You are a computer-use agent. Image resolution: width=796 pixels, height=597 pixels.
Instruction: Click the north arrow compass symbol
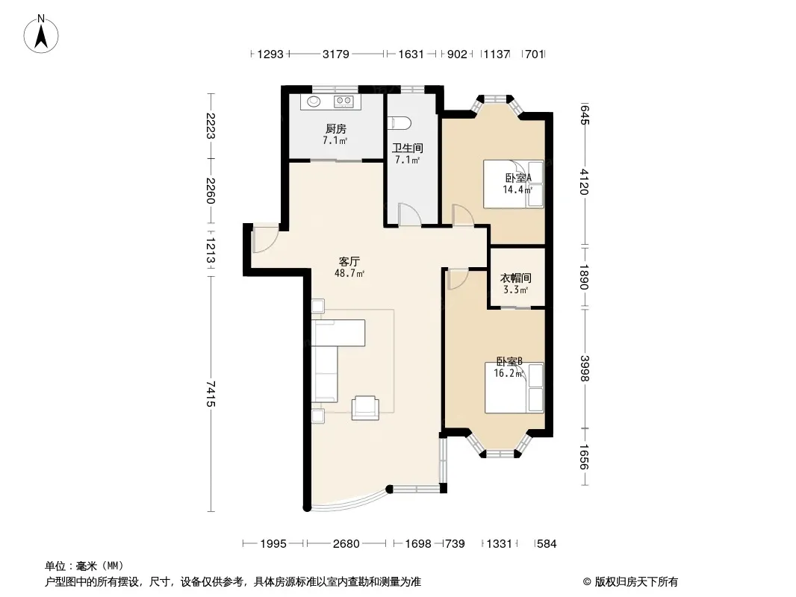[x=41, y=34]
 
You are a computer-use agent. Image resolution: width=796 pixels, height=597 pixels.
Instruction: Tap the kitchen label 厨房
[x=335, y=129]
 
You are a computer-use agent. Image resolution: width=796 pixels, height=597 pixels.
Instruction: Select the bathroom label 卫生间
[x=407, y=148]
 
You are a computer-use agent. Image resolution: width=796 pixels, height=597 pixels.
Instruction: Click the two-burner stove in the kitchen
[x=343, y=101]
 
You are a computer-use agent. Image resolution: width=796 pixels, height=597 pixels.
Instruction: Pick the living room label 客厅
[x=349, y=262]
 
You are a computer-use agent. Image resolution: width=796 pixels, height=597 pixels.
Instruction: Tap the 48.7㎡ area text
[x=349, y=274]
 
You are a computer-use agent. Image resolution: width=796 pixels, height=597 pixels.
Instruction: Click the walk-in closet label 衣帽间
[x=516, y=278]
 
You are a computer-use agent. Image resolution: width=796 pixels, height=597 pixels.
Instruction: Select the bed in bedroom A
[x=513, y=184]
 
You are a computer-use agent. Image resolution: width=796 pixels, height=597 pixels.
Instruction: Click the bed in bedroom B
[x=514, y=387]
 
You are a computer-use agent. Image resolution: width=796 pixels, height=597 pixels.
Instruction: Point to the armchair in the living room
[x=365, y=407]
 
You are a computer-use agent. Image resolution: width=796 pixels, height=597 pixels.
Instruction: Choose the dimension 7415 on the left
[x=211, y=393]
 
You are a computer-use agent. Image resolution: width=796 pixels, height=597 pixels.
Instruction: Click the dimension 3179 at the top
[x=335, y=54]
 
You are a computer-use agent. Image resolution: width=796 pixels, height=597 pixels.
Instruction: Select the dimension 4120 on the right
[x=585, y=181]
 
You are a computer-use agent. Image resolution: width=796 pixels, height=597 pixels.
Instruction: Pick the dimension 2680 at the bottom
[x=346, y=544]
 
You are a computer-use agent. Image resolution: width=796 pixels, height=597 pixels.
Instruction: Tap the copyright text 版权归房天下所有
[x=636, y=582]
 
